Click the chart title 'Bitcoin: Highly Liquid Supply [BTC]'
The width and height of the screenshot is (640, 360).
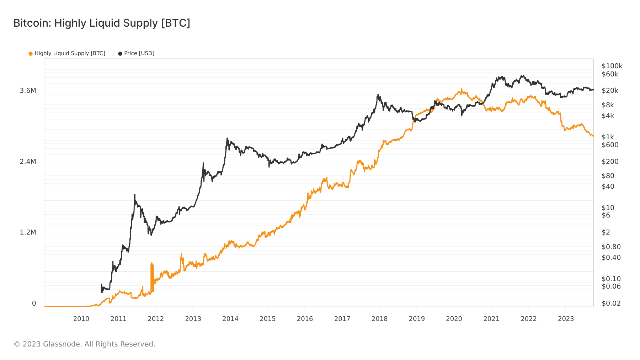coord(102,23)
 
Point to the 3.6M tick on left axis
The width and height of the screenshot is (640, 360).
coord(28,91)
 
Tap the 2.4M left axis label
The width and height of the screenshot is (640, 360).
coord(28,162)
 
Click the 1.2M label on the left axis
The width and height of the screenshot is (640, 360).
coord(28,232)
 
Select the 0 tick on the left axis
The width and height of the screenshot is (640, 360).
coord(34,303)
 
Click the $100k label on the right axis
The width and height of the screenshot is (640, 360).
coord(612,66)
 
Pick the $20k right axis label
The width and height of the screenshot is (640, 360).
coord(610,91)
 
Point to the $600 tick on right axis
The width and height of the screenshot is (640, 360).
coord(610,145)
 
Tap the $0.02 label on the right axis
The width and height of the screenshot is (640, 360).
coord(611,303)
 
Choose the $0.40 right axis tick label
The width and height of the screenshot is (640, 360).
coord(611,258)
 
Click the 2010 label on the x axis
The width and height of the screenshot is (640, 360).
coord(81,319)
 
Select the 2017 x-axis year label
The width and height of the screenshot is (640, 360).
coord(342,319)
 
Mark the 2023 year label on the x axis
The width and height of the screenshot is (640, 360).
coord(566,319)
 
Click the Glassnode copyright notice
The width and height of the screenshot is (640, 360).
coord(84,344)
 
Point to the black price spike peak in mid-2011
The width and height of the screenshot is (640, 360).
coord(135,195)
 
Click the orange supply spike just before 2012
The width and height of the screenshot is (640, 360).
coord(152,264)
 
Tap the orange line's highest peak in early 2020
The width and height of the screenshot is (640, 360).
coord(462,89)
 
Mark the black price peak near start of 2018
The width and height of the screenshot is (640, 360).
coord(378,95)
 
